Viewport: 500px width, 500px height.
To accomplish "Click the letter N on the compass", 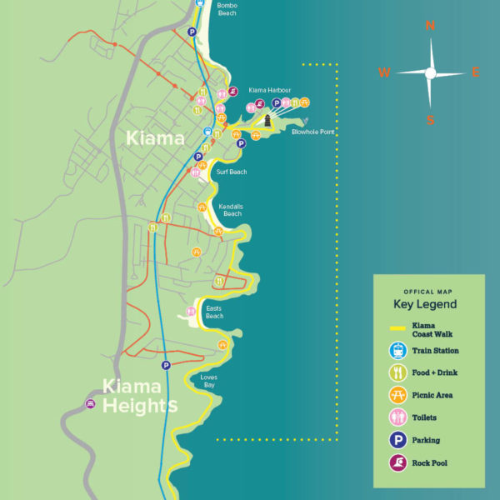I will pos(431,26).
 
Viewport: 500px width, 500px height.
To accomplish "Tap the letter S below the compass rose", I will pos(431,120).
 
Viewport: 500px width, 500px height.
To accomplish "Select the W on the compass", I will pos(384,72).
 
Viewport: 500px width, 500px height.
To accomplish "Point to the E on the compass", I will pos(476,72).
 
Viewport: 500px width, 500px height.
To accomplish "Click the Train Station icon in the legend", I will pos(396,351).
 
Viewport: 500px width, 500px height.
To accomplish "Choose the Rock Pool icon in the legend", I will pos(396,462).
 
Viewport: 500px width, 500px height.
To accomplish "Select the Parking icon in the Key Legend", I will pos(396,440).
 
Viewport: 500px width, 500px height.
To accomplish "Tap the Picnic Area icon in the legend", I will pos(396,395).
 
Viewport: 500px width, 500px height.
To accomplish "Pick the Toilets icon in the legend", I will pos(396,417).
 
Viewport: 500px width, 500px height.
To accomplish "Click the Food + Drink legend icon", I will pos(396,372).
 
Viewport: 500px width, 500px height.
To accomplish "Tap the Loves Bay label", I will pos(210,381).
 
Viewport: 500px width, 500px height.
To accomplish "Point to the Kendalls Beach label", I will pos(230,209).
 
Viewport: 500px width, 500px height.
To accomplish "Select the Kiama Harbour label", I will pos(269,90).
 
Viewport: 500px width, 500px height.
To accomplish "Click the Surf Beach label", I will pos(232,172).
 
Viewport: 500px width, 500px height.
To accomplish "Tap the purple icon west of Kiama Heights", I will pos(89,404).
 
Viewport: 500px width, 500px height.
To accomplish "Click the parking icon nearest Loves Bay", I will pos(166,365).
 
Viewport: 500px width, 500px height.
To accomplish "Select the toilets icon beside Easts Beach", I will pos(190,312).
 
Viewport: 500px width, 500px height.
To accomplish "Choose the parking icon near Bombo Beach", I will pos(192,32).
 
